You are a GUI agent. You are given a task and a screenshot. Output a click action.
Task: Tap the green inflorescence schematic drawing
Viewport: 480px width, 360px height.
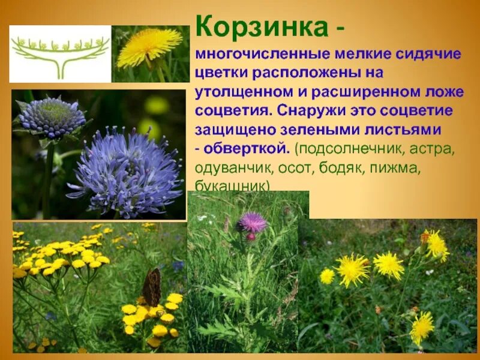60,53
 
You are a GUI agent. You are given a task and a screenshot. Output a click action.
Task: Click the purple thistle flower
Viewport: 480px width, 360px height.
252,223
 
